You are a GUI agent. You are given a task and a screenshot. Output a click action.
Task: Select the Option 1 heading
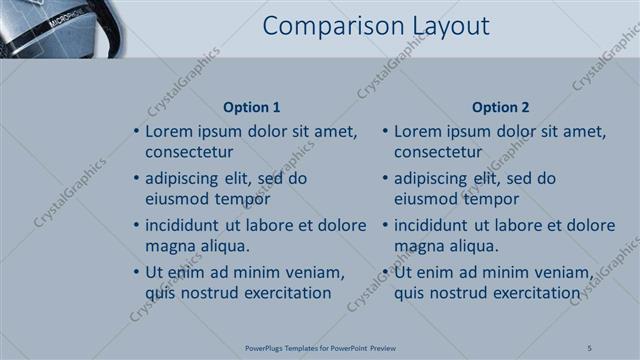250,107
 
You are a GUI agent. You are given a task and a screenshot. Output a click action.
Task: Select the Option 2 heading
501,107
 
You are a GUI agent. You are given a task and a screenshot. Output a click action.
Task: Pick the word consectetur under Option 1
189,153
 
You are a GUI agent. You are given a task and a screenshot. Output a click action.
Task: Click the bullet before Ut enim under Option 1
136,272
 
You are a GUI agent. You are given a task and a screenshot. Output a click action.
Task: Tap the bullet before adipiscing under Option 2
385,178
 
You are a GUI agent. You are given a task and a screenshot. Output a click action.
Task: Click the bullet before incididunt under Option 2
385,224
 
